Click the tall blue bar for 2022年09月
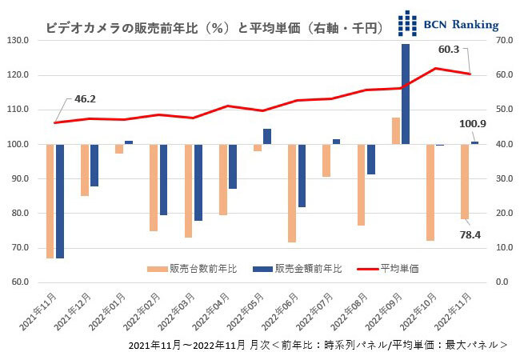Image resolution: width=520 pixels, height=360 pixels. tap(406, 94)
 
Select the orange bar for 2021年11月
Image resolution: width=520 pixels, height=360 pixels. tap(50, 201)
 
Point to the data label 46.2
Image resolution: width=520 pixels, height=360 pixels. tap(84, 99)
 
